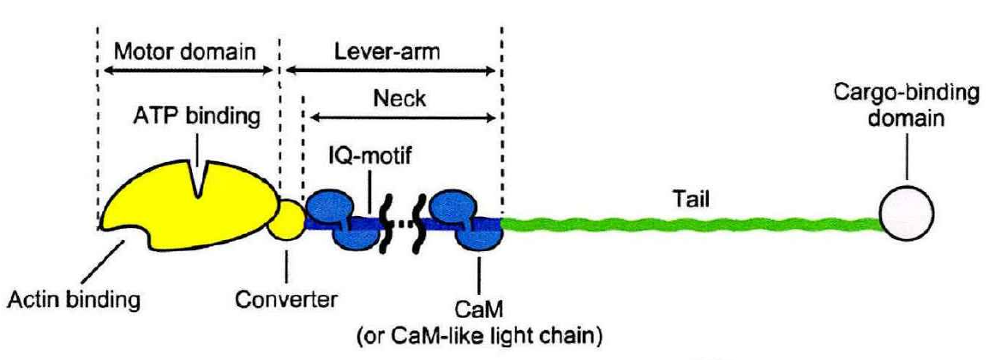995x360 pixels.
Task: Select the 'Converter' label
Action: tap(285, 301)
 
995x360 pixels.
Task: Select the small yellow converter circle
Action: tap(285, 222)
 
